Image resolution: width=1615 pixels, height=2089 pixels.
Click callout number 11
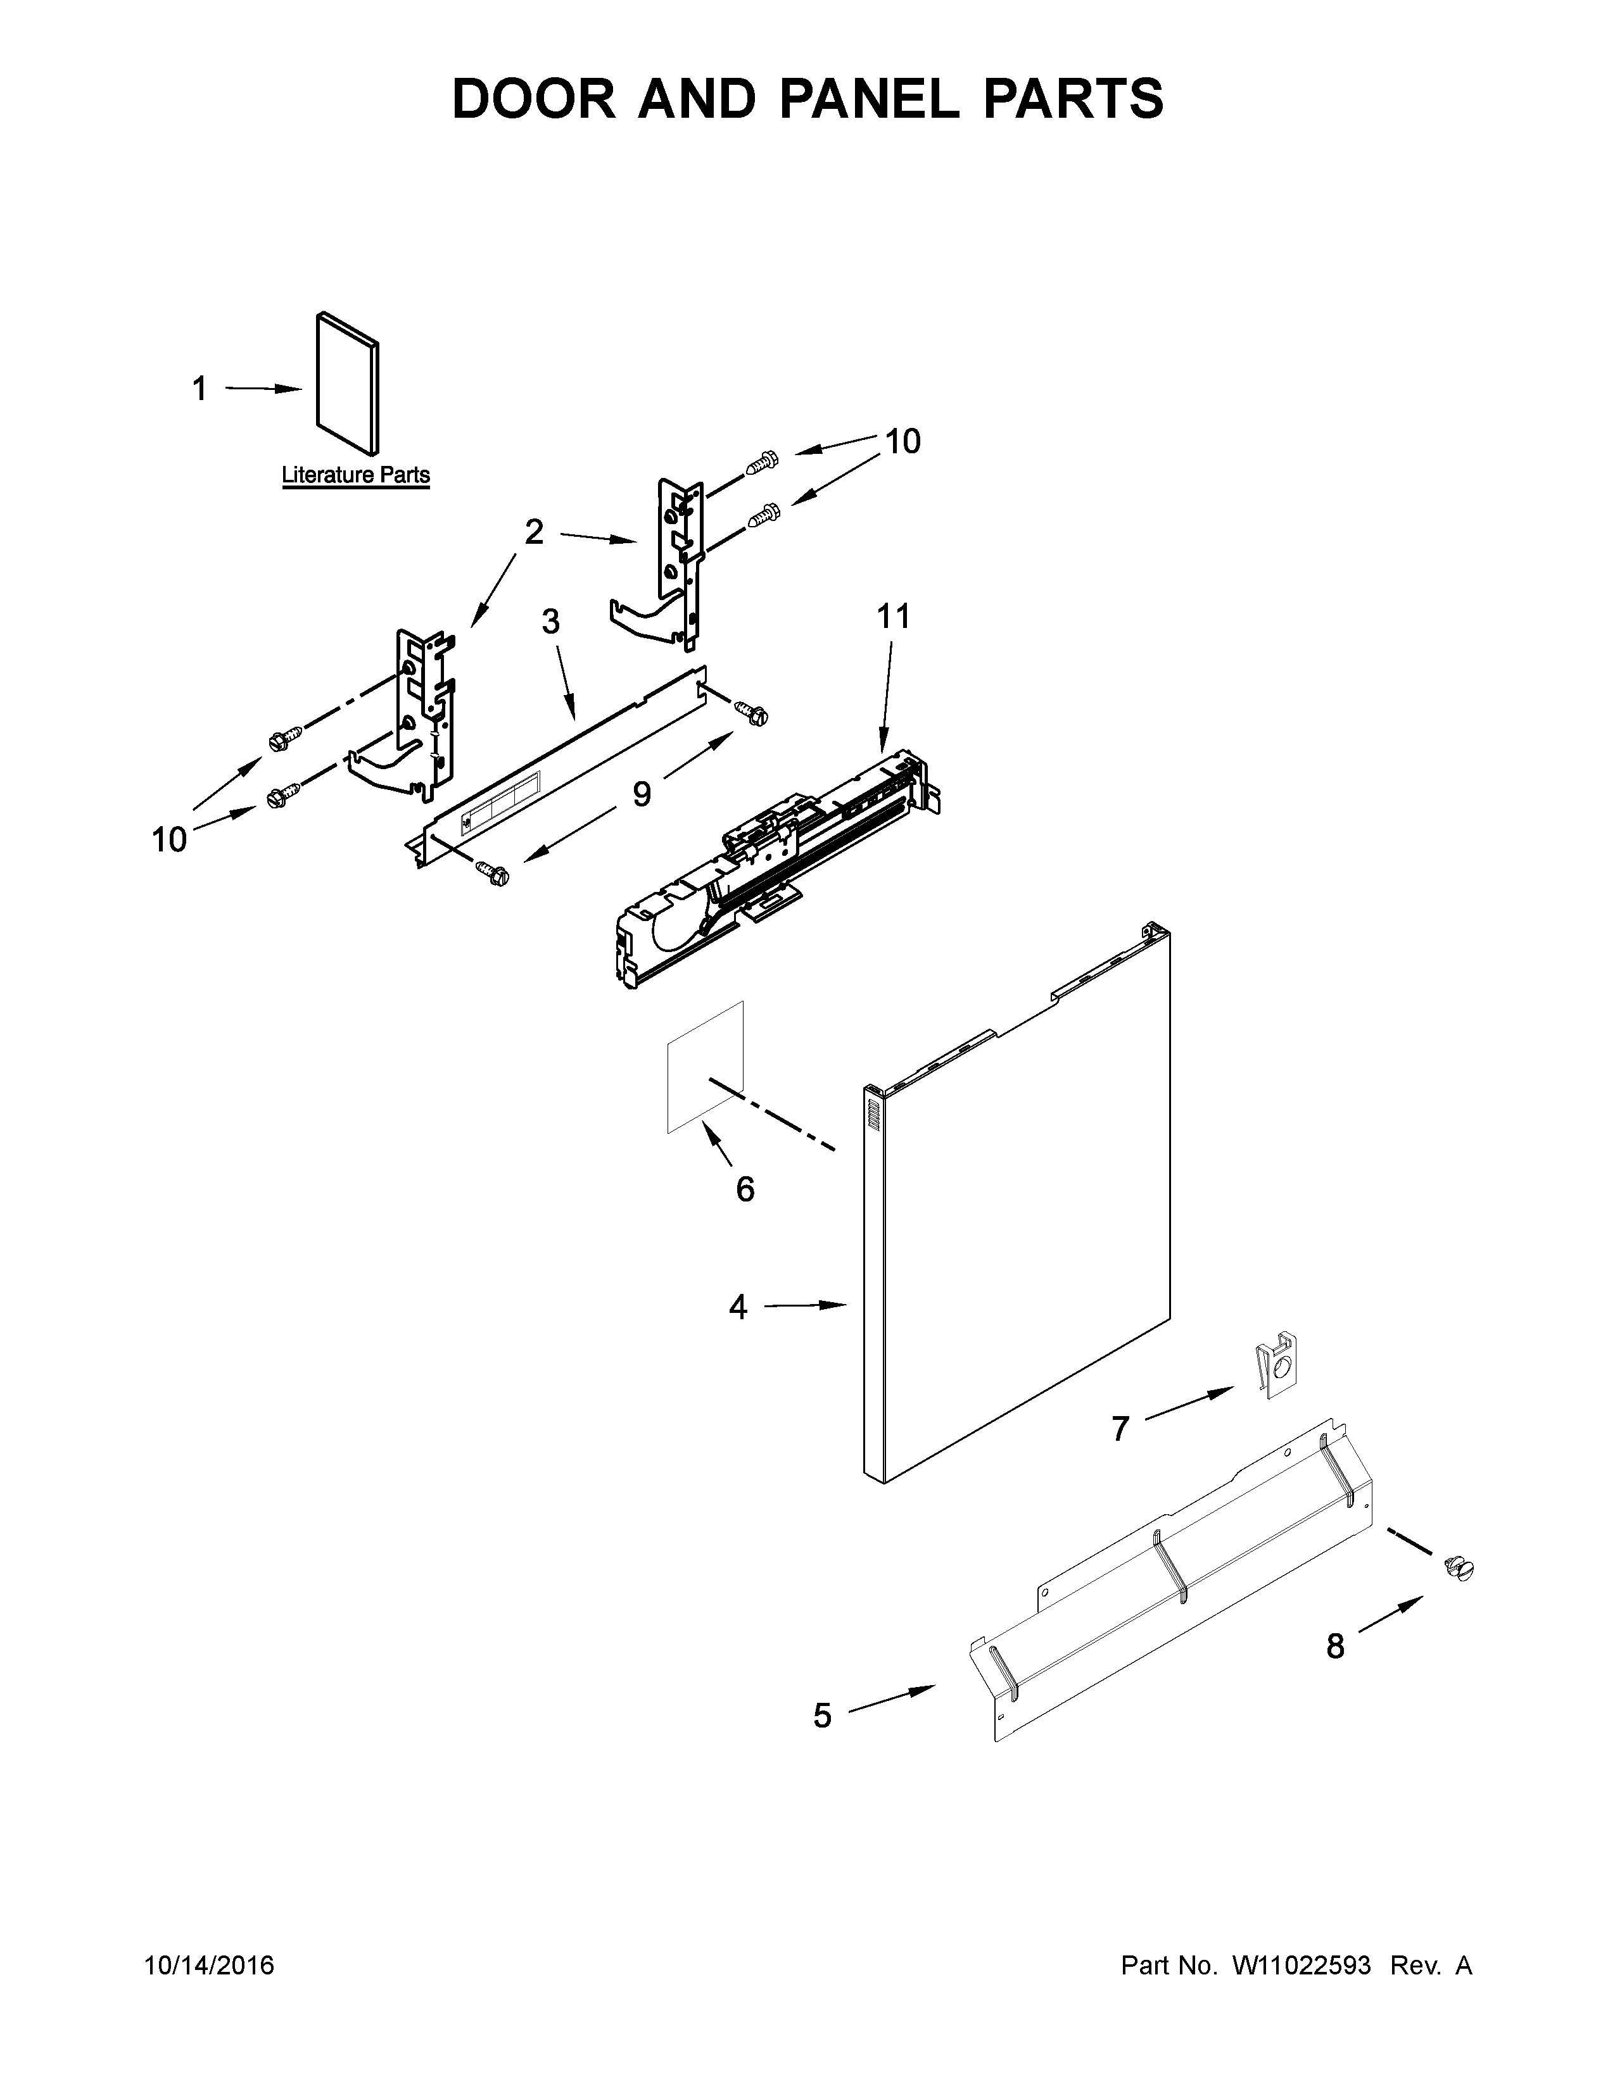point(894,617)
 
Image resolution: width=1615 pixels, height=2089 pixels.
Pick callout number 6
point(745,1189)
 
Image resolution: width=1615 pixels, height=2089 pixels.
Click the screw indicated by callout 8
point(1459,1570)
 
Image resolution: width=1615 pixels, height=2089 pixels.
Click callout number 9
point(641,794)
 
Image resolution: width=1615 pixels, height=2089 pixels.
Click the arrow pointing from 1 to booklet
point(263,388)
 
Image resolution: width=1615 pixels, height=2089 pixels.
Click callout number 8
point(1334,1646)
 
